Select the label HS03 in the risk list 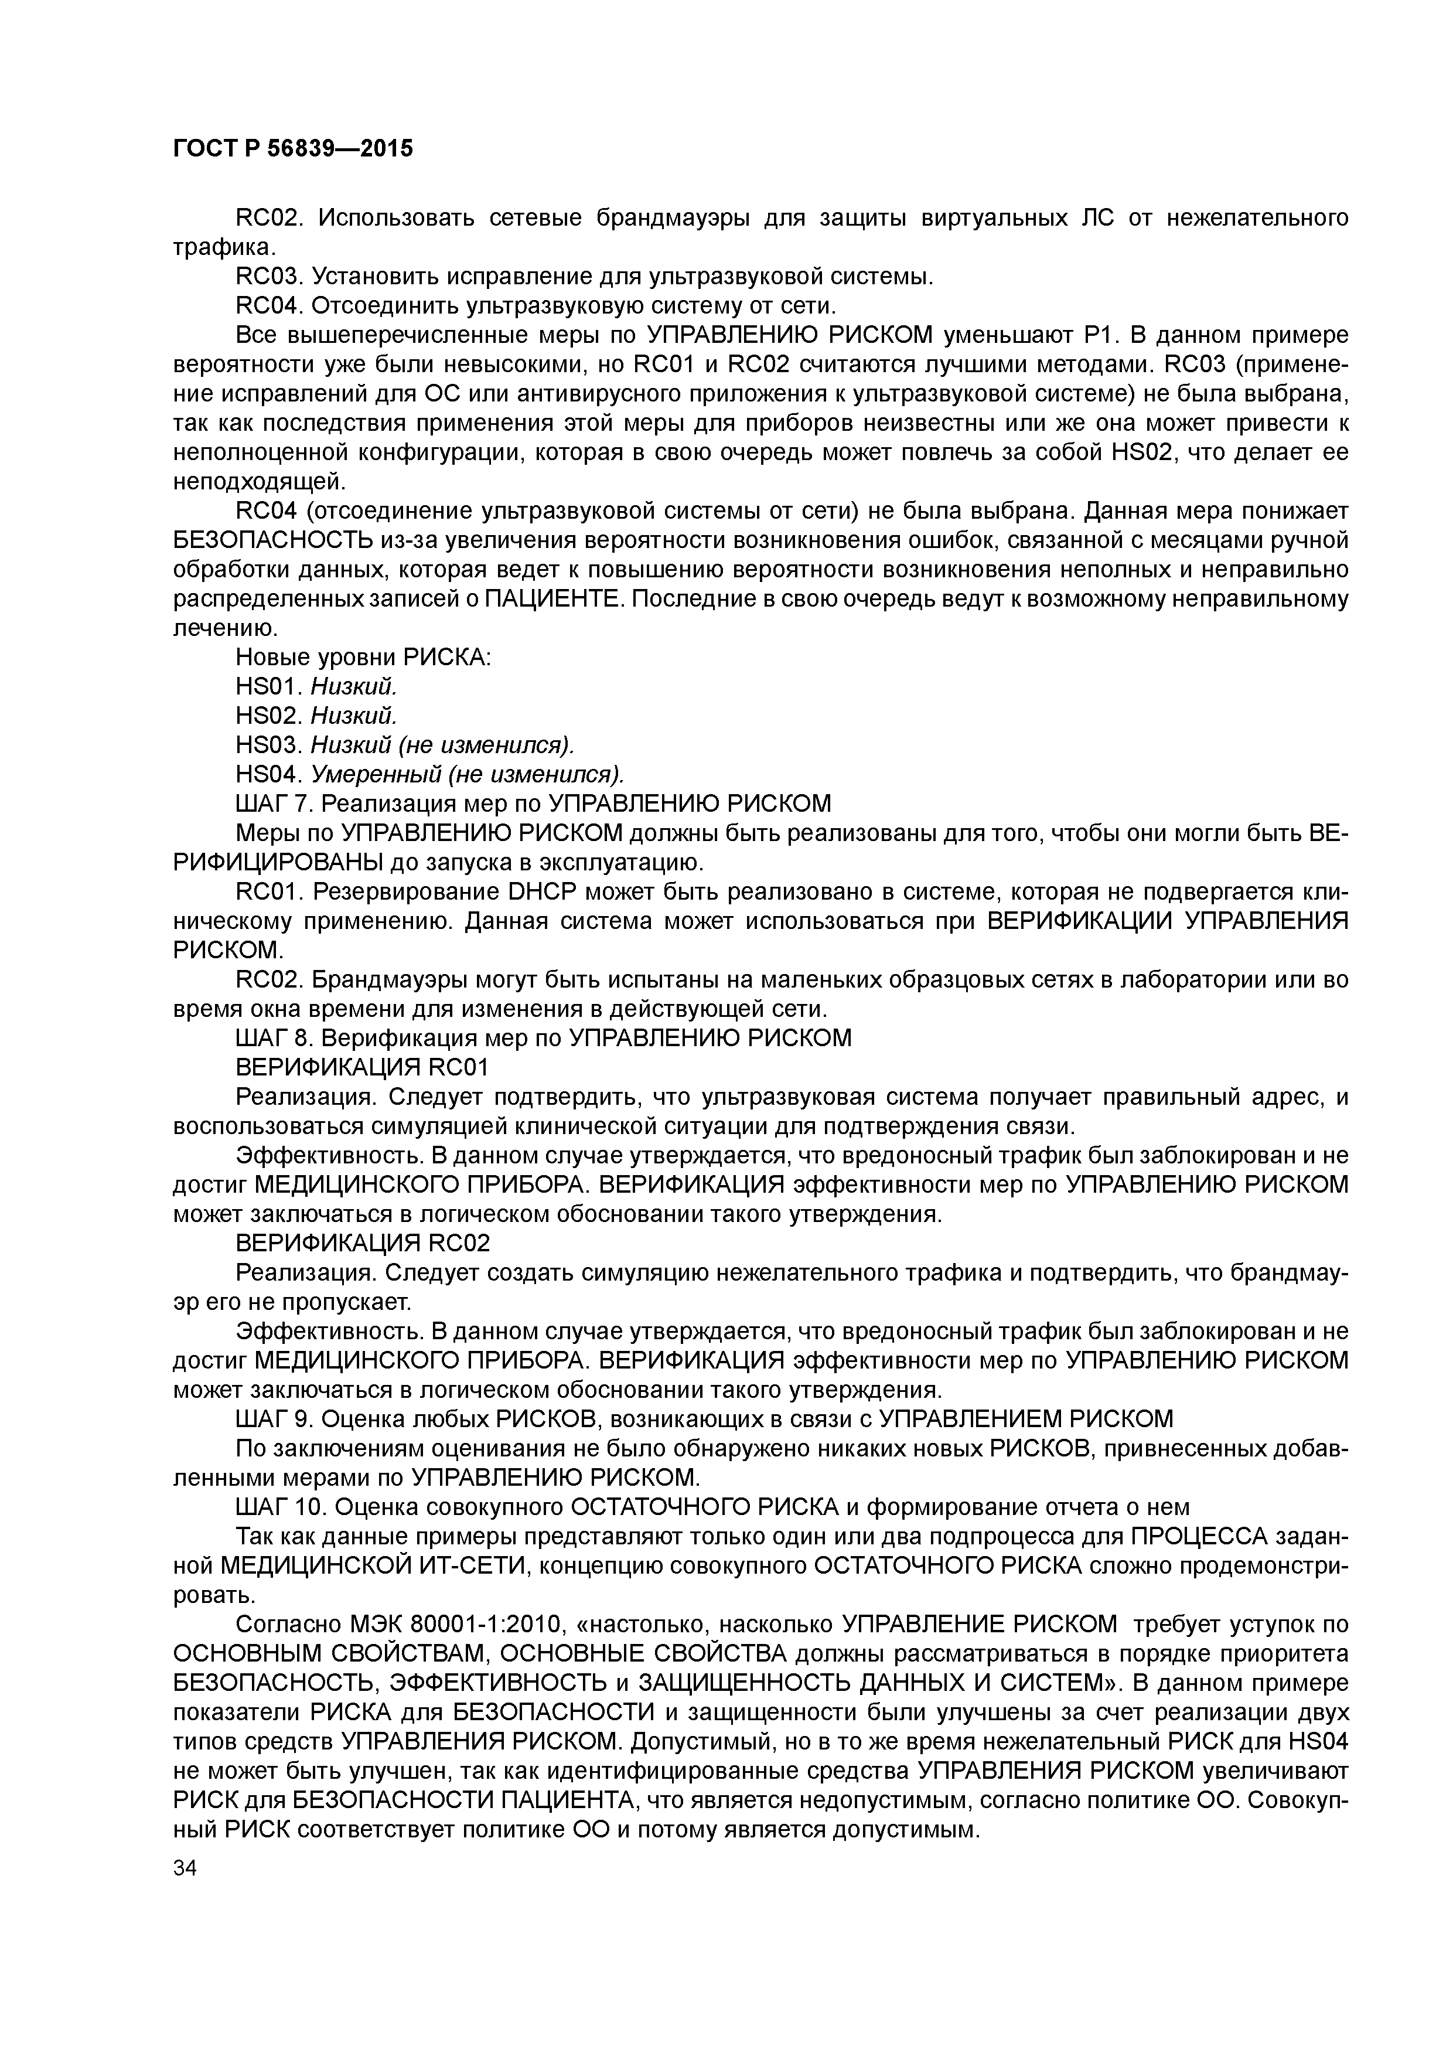tap(270, 745)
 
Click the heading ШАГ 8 tap(271, 1038)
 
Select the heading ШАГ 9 tap(271, 1418)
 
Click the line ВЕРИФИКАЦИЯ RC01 tap(361, 1067)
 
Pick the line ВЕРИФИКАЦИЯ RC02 tap(361, 1243)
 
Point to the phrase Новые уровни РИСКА tap(363, 657)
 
